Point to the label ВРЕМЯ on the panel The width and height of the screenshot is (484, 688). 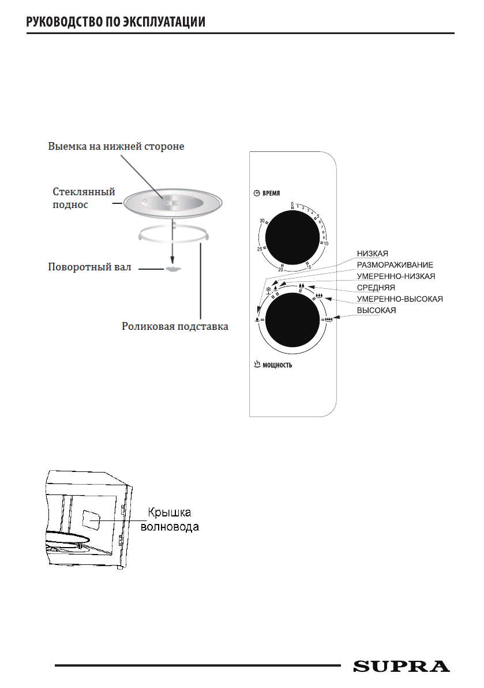coord(271,194)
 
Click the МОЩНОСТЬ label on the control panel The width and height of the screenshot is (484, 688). coord(278,365)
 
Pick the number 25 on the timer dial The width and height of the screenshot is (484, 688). coord(260,249)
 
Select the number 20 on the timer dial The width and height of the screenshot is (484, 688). coord(280,269)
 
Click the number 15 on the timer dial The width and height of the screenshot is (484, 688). coord(309,267)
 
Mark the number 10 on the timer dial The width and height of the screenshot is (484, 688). coord(326,244)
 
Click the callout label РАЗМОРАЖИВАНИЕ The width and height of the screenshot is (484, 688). coord(395,265)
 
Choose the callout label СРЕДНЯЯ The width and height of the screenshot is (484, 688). coord(376,288)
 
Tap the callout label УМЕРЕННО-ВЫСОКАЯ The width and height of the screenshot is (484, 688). coord(399,299)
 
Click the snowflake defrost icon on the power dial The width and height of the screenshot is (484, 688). coord(268,284)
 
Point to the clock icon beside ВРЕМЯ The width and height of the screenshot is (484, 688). coord(257,194)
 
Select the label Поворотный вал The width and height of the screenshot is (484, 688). coord(89,267)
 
